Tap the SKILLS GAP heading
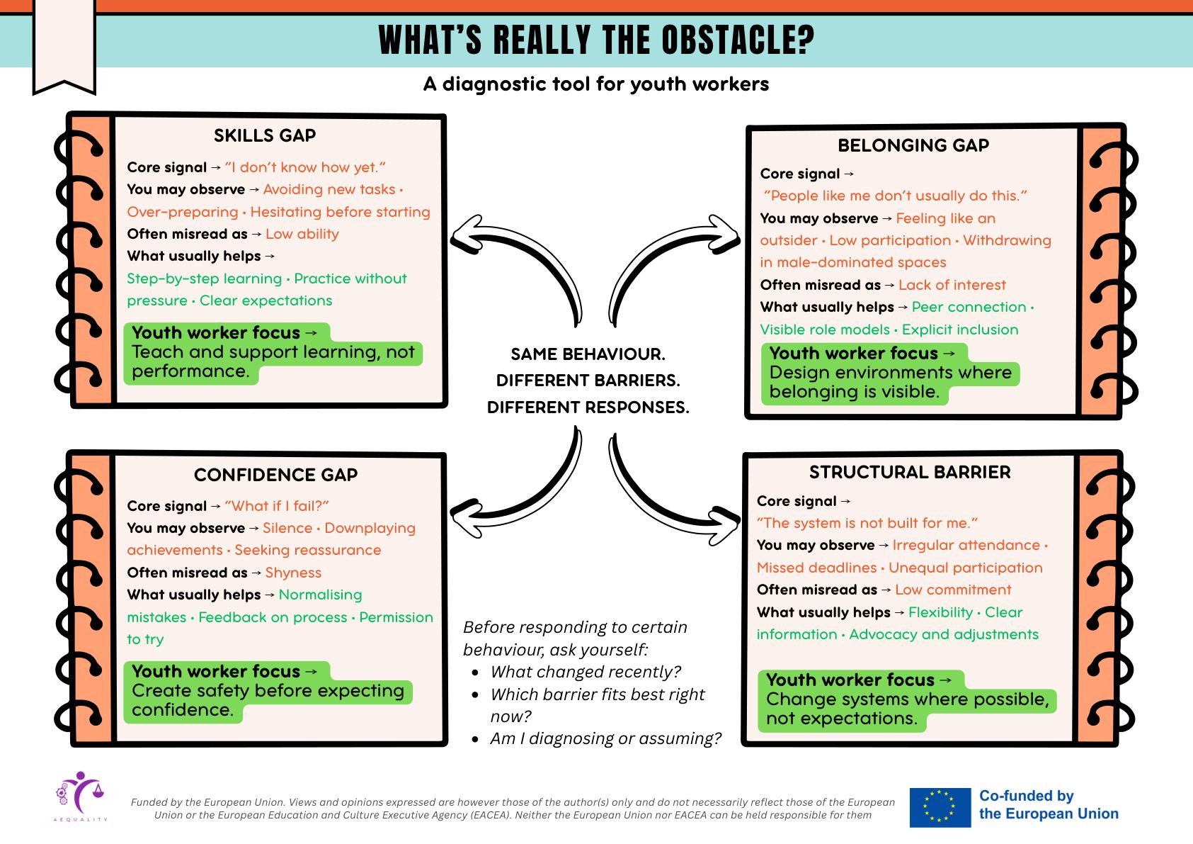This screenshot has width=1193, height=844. (265, 135)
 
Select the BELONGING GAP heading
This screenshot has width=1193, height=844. (913, 145)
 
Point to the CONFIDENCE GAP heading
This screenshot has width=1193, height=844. (276, 475)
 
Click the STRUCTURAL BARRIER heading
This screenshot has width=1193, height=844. (910, 472)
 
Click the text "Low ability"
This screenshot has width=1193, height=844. (302, 234)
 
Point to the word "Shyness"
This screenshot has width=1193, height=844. (293, 573)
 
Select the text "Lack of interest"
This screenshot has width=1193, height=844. (952, 285)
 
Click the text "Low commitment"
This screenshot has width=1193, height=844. (953, 590)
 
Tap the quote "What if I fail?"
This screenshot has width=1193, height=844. (277, 506)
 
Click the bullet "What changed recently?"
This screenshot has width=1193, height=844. (586, 672)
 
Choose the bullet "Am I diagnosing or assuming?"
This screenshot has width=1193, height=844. (605, 738)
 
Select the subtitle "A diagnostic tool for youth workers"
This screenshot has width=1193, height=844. (596, 84)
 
